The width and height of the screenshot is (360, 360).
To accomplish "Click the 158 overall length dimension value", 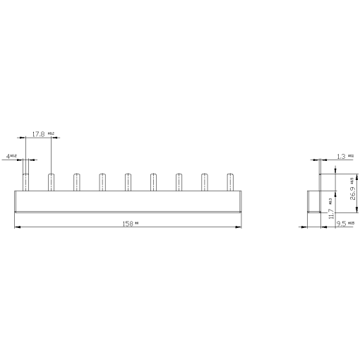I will pos(128,223).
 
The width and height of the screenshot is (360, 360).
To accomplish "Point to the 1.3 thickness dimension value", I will pos(342,155).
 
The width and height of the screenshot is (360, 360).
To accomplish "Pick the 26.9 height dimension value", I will pos(352,189).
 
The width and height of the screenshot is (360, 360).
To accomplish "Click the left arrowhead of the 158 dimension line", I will pos(17,227).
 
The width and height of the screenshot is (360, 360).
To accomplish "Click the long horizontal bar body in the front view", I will pos(128,200).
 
